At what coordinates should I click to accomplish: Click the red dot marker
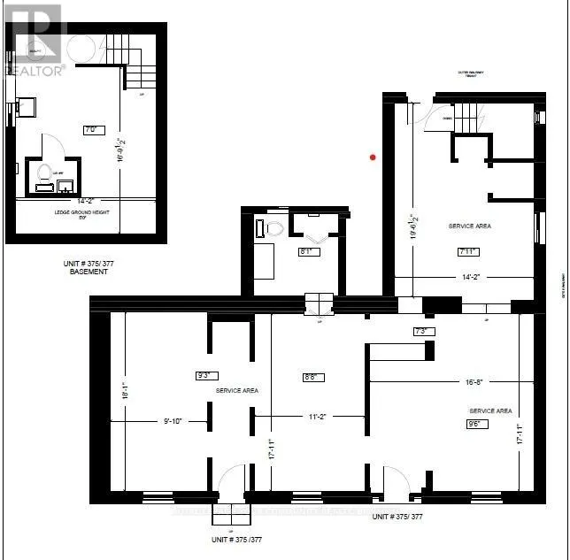tap(374, 157)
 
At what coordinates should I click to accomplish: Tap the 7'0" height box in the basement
tap(89, 129)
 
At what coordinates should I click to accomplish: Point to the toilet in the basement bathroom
tap(42, 177)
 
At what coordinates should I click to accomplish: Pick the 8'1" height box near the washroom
tap(306, 250)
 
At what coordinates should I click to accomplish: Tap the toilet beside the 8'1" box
tap(273, 228)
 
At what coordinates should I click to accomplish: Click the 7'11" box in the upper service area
tap(469, 252)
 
